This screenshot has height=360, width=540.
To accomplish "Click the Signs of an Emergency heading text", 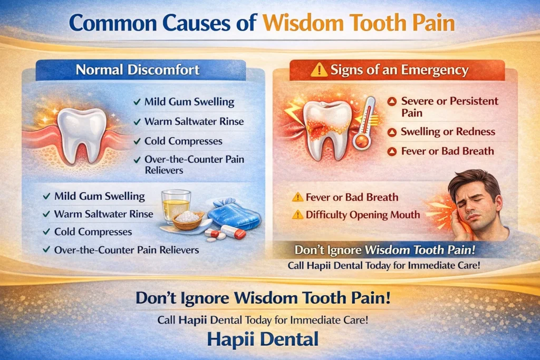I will pos(399,70).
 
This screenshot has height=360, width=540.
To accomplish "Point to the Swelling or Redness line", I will pos(448,132).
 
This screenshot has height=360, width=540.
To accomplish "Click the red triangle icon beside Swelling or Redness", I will pos(392,132).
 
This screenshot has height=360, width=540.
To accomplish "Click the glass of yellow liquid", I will pos(176,206).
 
